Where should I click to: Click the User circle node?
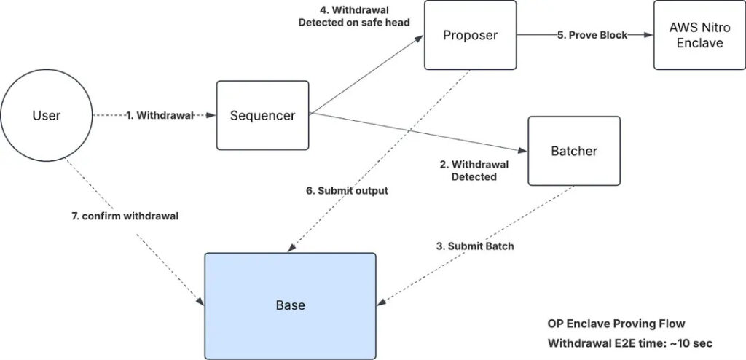coord(47,116)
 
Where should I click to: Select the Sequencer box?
coord(262,115)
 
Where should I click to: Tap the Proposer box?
coord(470,35)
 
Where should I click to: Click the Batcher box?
coord(573,151)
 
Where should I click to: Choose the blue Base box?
coord(290,305)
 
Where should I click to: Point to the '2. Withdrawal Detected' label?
coord(474,171)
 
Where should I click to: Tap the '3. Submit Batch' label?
coord(475,246)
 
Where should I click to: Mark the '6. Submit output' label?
coord(347,191)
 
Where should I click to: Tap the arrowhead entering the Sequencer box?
coord(212,115)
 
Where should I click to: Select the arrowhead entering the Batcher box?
coord(523,151)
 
